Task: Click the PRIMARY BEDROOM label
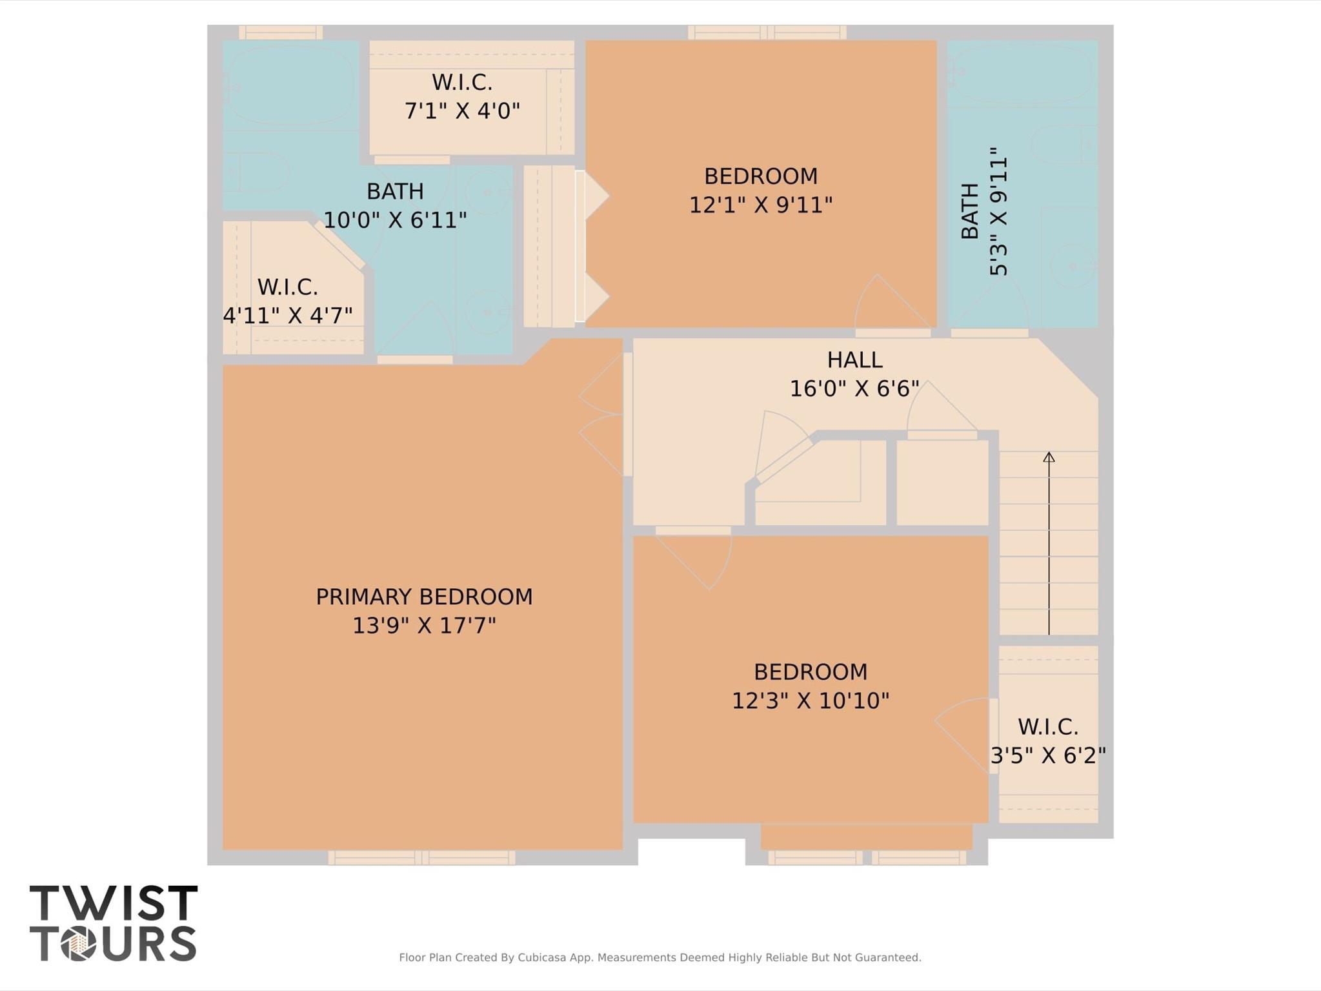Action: click(x=424, y=597)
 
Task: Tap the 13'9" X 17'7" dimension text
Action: click(x=424, y=626)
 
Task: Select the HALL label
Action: click(x=854, y=360)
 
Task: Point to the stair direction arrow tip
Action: click(x=1049, y=456)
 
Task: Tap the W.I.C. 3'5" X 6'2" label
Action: click(x=1048, y=741)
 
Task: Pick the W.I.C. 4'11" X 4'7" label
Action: click(x=288, y=301)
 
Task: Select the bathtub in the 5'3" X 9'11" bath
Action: click(x=1022, y=72)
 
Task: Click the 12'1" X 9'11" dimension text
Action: click(x=761, y=205)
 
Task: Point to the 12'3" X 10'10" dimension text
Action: click(x=811, y=701)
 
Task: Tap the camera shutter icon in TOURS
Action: click(x=79, y=944)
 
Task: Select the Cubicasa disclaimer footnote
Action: click(x=660, y=957)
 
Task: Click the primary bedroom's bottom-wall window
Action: click(x=421, y=857)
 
